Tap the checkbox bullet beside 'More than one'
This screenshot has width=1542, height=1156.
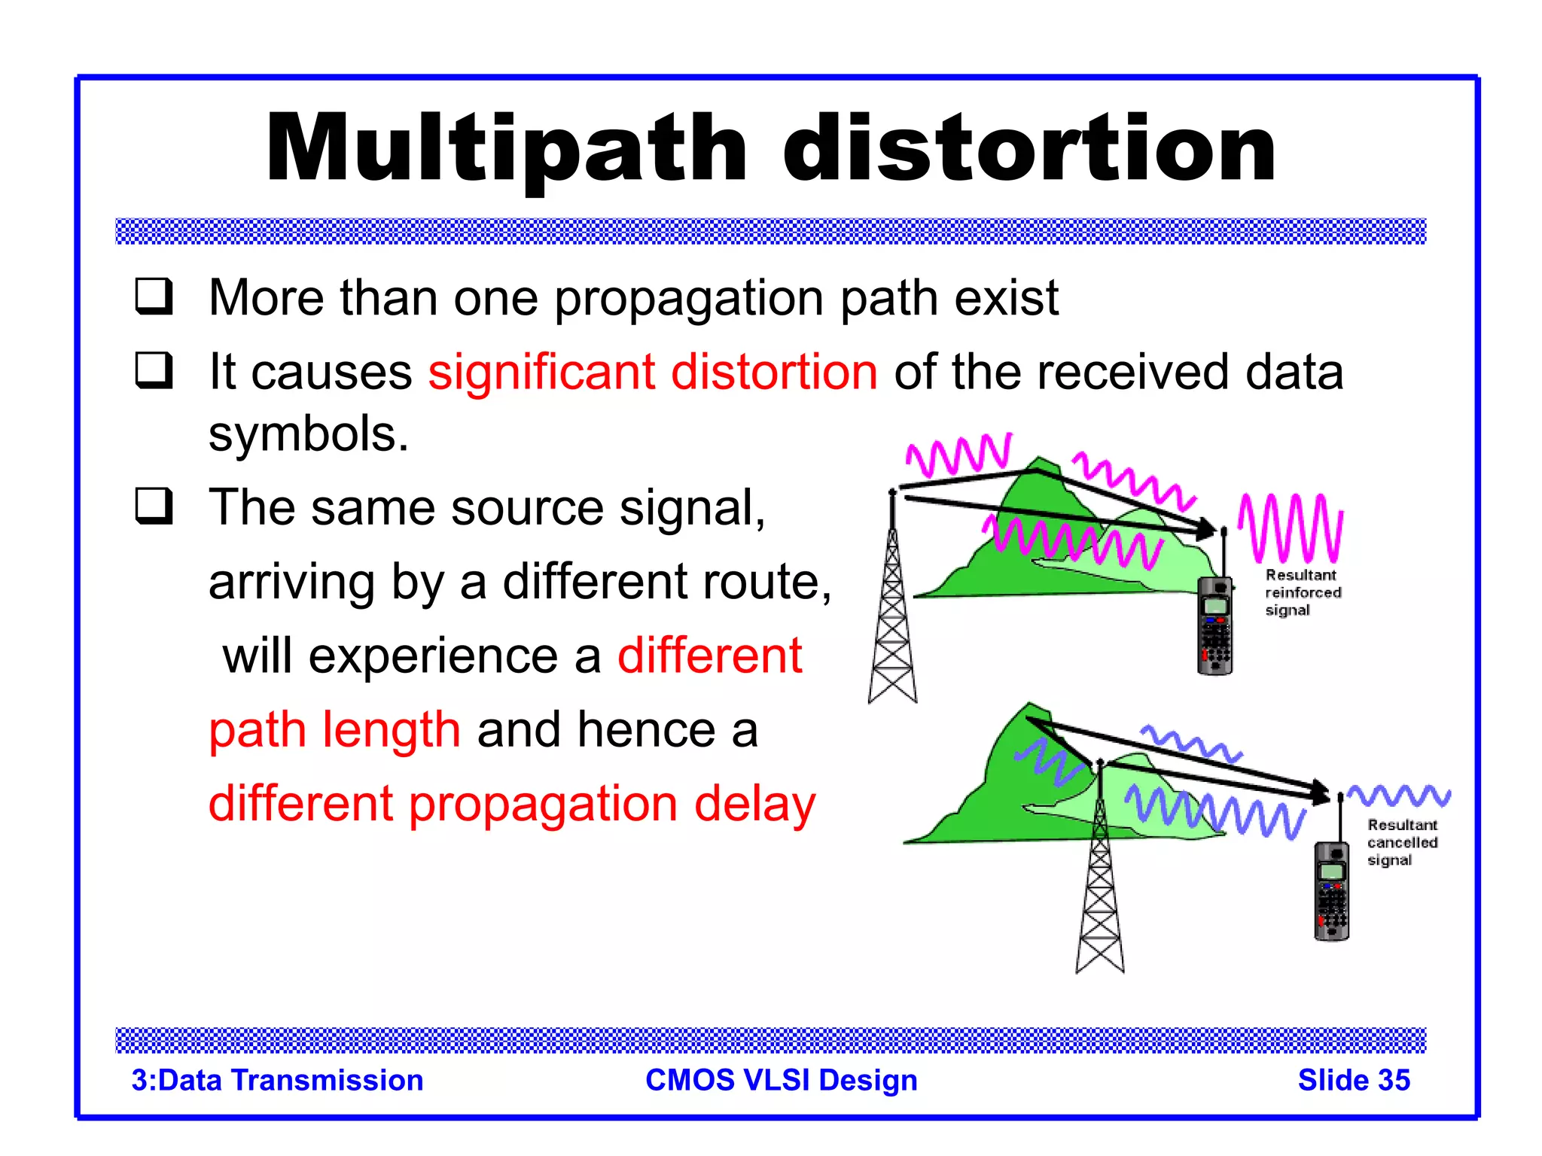pyautogui.click(x=154, y=297)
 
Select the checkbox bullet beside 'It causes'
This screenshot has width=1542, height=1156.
pyautogui.click(x=154, y=370)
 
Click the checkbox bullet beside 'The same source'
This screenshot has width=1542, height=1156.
pyautogui.click(x=154, y=506)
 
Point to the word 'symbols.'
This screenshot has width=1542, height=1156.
pyautogui.click(x=309, y=434)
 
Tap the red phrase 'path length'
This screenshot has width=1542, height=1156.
pyautogui.click(x=334, y=729)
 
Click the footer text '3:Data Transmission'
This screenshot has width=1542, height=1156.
pyautogui.click(x=277, y=1080)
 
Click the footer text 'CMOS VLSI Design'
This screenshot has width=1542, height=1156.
pyautogui.click(x=782, y=1080)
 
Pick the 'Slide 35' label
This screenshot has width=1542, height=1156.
pyautogui.click(x=1353, y=1080)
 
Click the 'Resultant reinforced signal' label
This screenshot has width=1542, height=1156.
pyautogui.click(x=1303, y=592)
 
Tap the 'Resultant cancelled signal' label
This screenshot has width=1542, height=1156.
pyautogui.click(x=1402, y=842)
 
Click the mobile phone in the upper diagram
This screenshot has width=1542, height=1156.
pyautogui.click(x=1214, y=625)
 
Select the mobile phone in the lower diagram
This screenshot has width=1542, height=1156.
pyautogui.click(x=1331, y=891)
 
